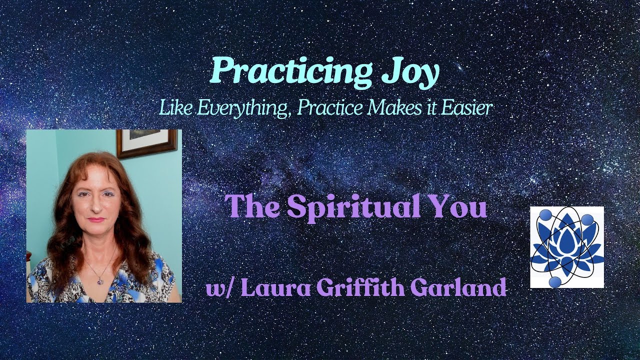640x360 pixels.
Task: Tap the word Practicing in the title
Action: tap(289, 72)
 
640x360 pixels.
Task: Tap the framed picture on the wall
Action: tap(146, 142)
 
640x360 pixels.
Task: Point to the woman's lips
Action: tap(96, 220)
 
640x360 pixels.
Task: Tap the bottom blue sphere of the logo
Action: tap(554, 282)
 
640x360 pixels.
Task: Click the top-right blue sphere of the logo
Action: tap(587, 219)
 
